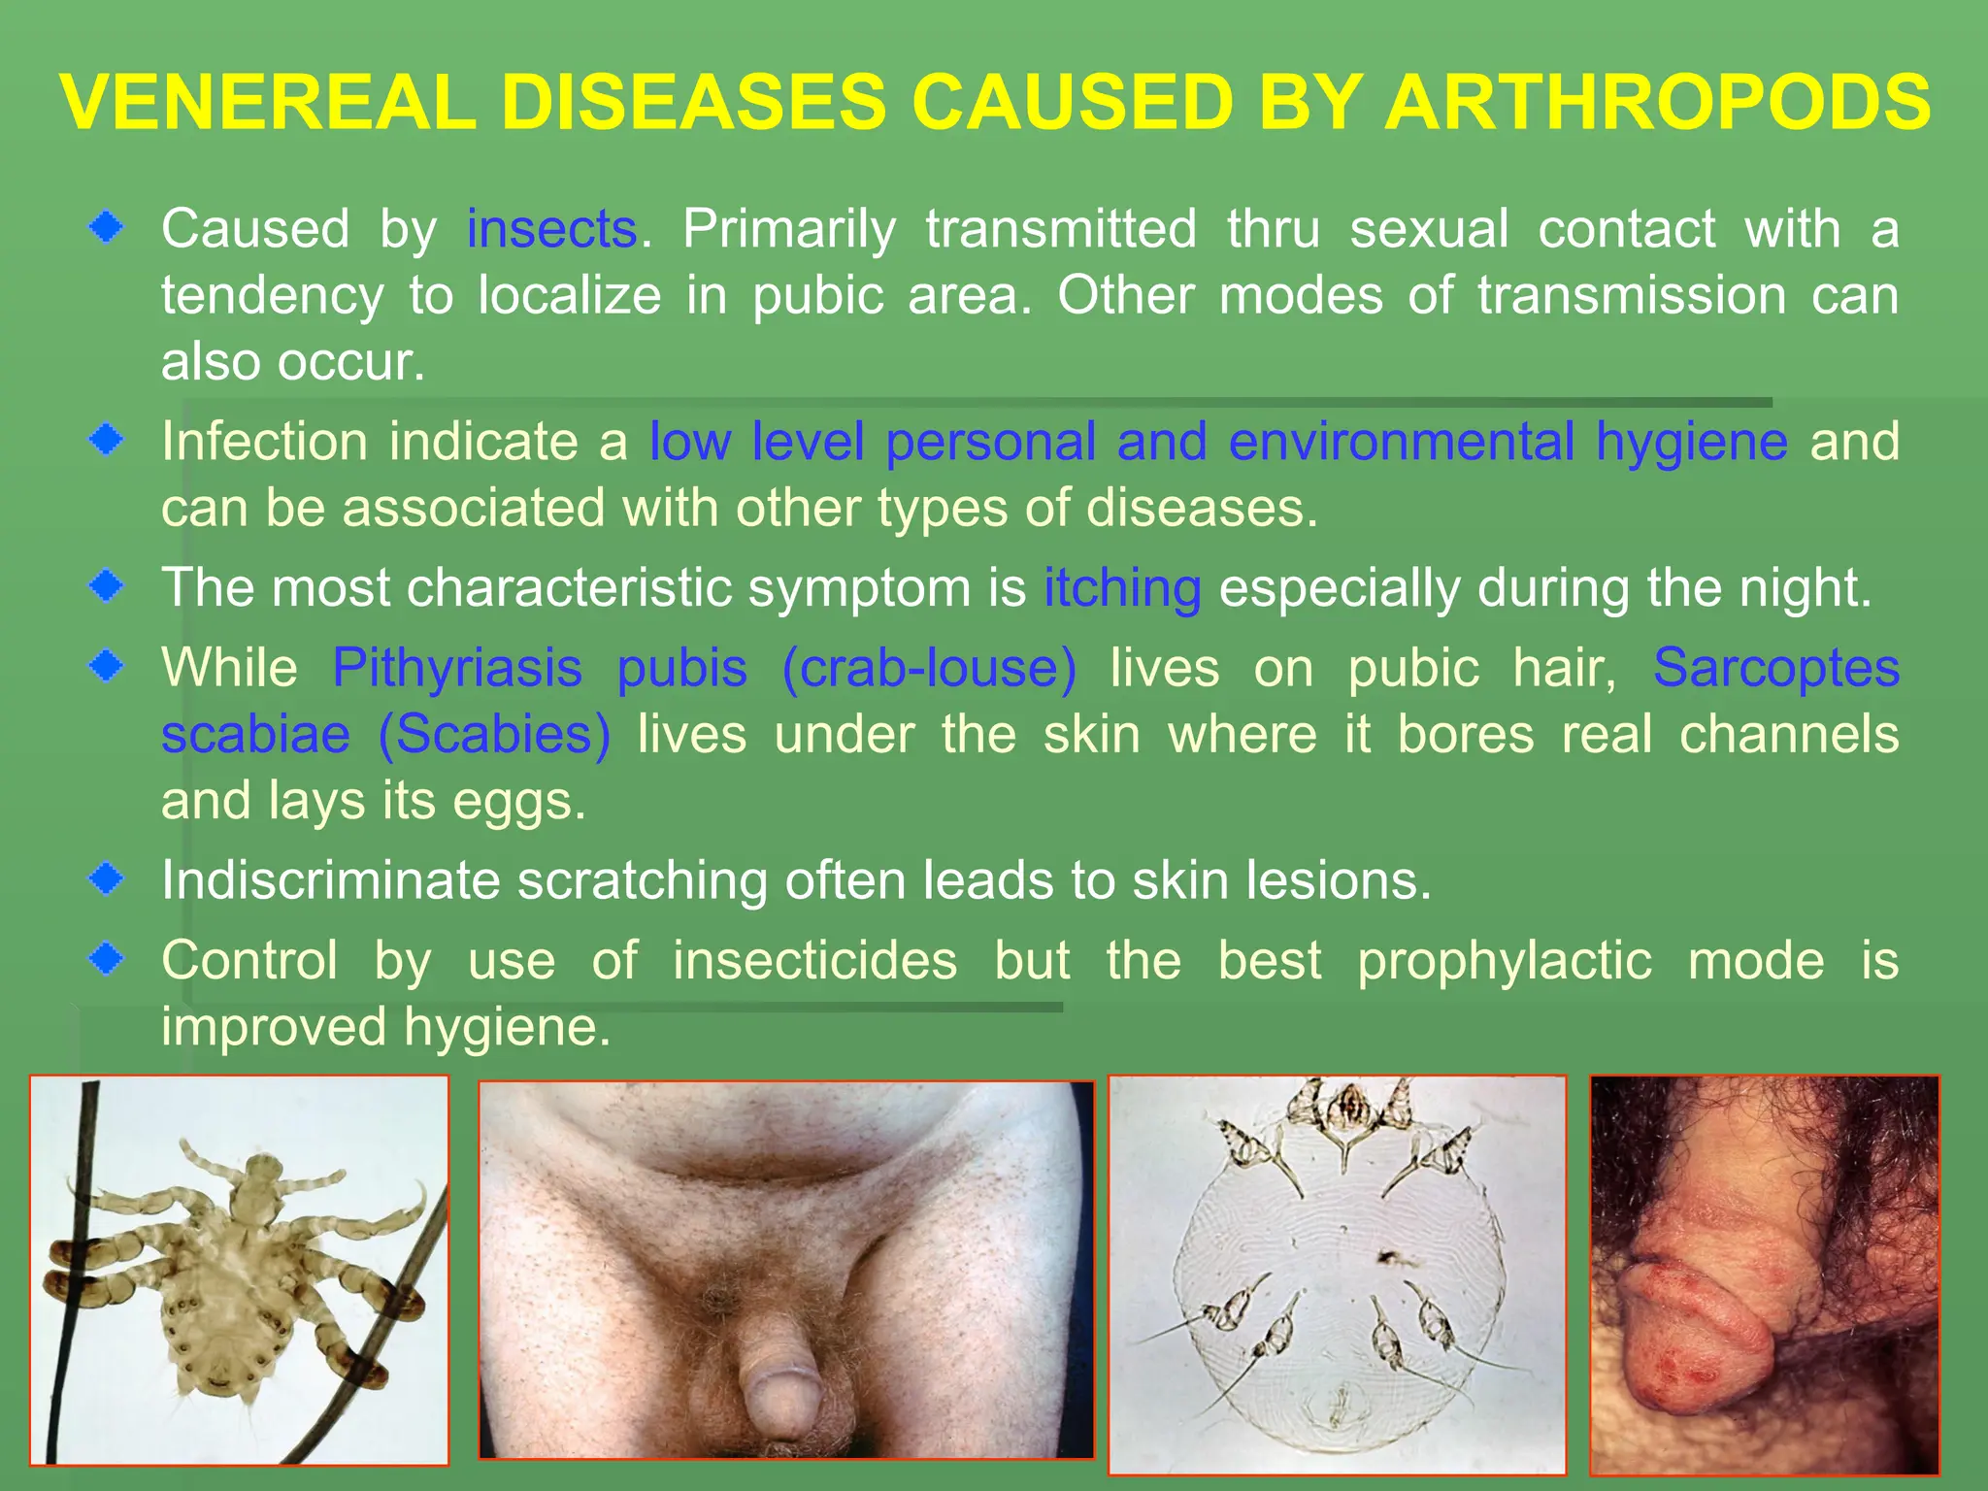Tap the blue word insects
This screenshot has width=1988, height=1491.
point(551,229)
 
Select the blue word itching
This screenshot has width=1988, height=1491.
point(1122,588)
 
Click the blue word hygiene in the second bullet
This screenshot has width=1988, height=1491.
point(1692,443)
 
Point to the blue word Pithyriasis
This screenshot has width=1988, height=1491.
point(457,668)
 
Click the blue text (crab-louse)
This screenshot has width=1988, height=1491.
point(929,668)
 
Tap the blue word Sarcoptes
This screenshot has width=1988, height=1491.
point(1775,668)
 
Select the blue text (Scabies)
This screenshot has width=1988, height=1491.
point(494,734)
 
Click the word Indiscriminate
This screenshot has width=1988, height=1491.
point(330,880)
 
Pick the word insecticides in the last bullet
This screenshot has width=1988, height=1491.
point(814,961)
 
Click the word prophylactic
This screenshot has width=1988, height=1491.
point(1504,961)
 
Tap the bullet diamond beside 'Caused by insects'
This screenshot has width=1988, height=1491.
point(106,229)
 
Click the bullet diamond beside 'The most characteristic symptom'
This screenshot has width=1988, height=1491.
point(106,586)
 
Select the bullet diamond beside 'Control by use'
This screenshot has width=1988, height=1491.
point(106,959)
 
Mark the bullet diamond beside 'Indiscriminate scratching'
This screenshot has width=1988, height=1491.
point(106,879)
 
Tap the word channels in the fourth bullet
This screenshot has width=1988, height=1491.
point(1788,734)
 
